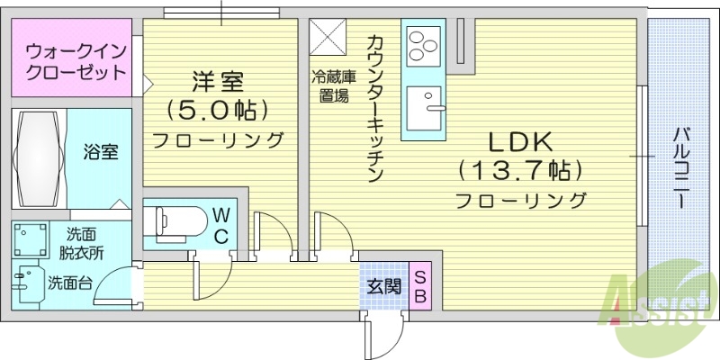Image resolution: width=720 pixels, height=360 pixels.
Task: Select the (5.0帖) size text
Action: coord(217,110)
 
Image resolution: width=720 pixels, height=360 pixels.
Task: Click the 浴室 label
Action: coord(102,151)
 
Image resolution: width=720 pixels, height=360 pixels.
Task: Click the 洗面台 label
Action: coord(69,283)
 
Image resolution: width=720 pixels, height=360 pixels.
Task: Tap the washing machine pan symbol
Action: coord(29,240)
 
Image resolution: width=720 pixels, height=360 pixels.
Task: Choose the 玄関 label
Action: coord(383,287)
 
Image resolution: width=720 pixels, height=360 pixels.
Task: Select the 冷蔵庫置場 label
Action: coord(329,87)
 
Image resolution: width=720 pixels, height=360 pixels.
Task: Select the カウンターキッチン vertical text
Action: coord(377,108)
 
